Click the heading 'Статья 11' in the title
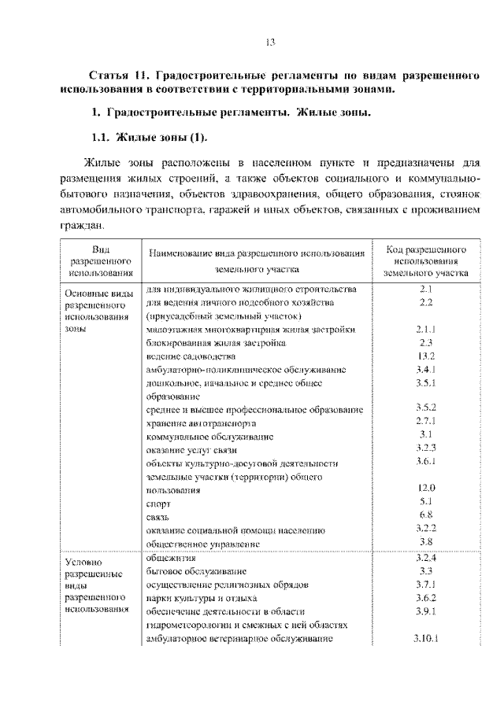pos(119,77)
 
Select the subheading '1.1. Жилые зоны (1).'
pos(150,138)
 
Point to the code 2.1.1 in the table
pos(426,330)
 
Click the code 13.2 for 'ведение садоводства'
pos(426,356)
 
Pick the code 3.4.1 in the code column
pos(426,368)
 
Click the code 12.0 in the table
pos(426,488)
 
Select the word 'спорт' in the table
pos(159,503)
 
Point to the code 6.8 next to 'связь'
pos(426,515)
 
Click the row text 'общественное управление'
pos(204,543)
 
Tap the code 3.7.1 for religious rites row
pos(426,584)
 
